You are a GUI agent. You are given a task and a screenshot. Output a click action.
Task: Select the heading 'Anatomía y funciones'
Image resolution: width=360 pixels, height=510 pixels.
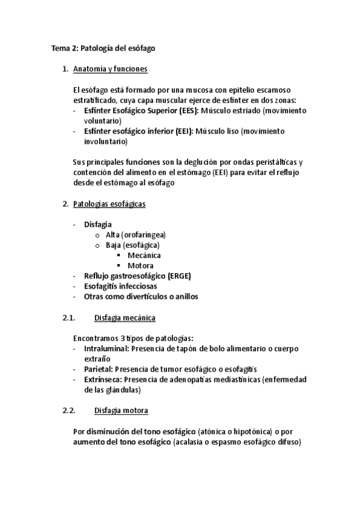click(110, 69)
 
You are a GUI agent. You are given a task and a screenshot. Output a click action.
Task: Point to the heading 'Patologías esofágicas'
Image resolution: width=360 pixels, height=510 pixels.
click(109, 204)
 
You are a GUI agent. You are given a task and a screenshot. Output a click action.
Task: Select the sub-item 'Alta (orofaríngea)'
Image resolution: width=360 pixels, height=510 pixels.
click(135, 235)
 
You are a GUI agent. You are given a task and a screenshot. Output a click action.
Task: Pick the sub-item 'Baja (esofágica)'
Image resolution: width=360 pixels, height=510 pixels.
click(132, 245)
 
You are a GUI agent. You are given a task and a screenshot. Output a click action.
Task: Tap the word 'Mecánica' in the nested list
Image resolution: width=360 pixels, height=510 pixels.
click(144, 255)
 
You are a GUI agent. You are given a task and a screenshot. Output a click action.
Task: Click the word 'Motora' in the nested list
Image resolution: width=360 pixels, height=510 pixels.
click(141, 265)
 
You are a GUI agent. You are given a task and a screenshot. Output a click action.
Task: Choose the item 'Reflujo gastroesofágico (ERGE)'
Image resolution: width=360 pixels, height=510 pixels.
click(138, 275)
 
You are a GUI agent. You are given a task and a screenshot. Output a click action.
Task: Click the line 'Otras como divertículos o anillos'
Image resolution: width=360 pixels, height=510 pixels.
click(141, 296)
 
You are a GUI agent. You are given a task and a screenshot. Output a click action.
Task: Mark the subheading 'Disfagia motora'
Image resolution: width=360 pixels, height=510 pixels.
click(121, 410)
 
